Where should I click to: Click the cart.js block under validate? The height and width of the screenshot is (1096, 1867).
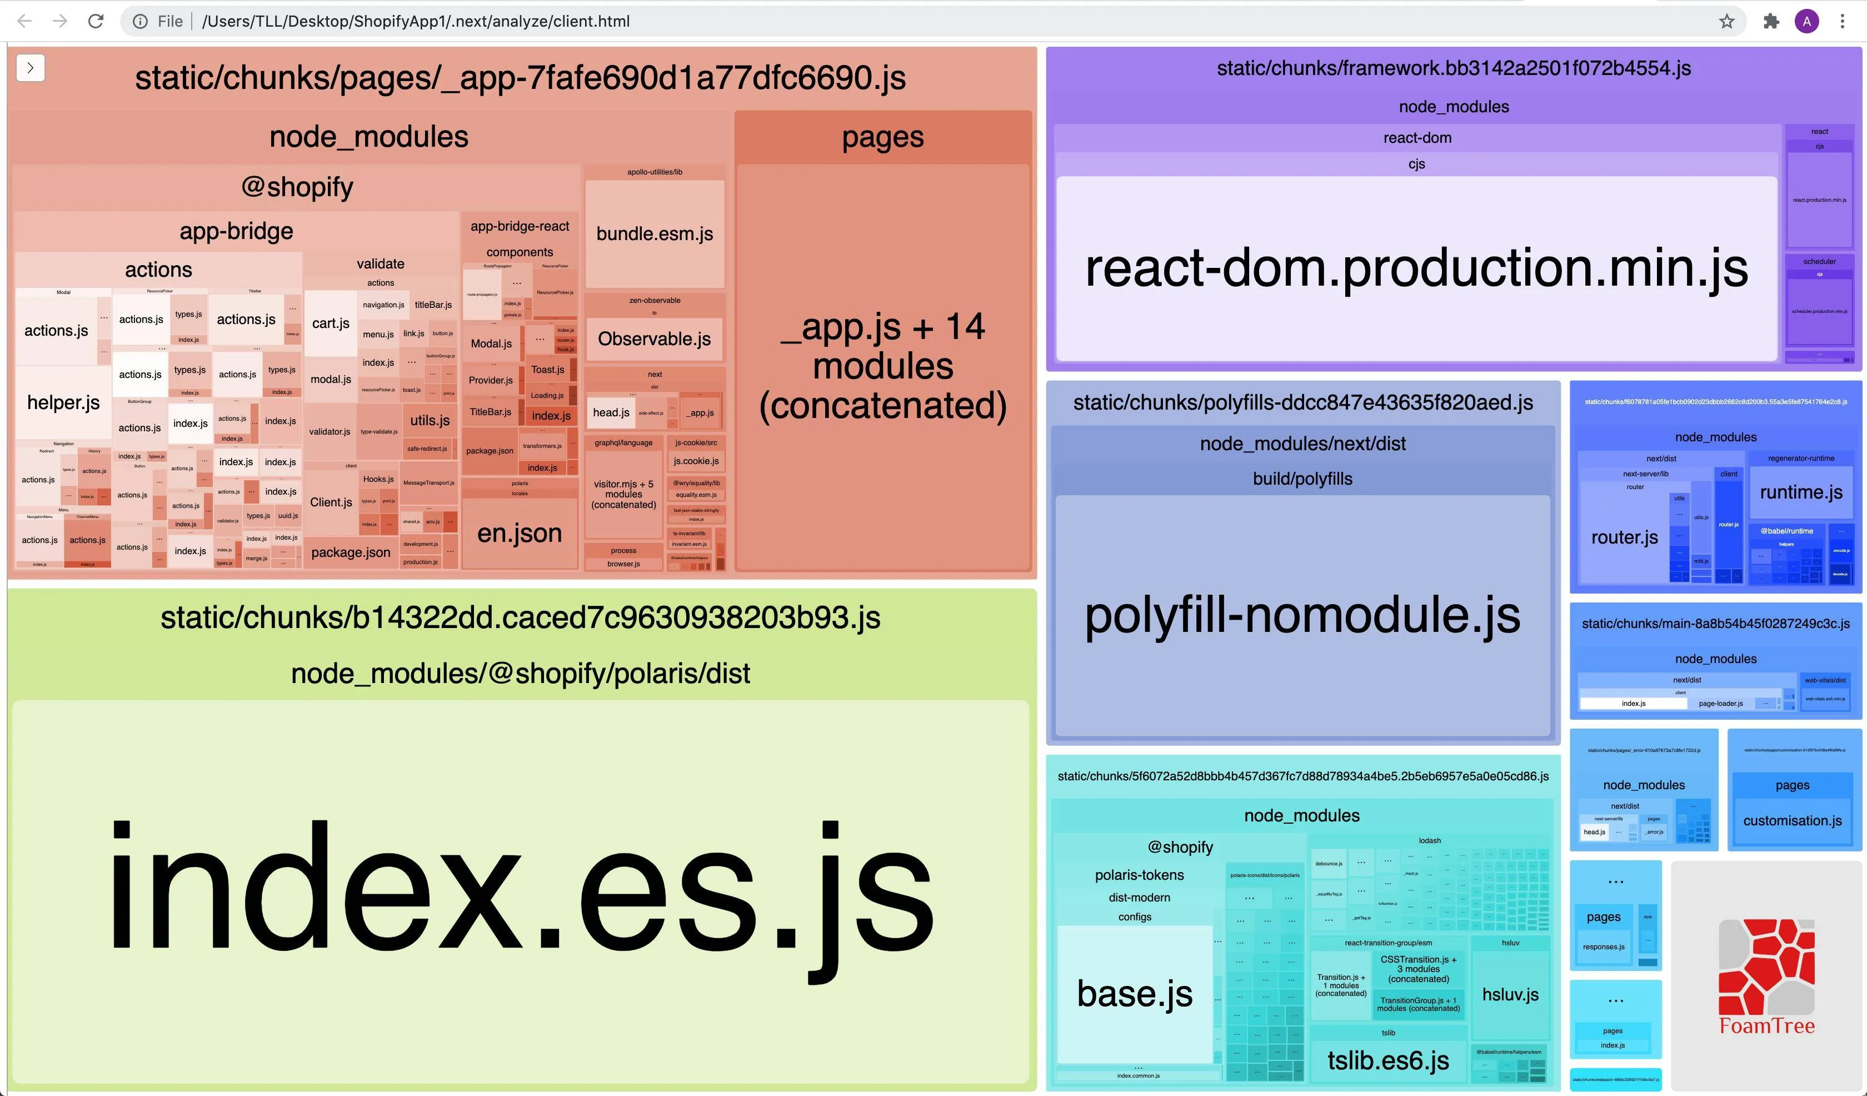tap(331, 323)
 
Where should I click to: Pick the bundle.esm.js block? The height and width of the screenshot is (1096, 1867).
tap(654, 233)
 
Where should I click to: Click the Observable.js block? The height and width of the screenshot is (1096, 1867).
tap(653, 338)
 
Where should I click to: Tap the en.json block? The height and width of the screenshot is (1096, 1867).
tap(520, 533)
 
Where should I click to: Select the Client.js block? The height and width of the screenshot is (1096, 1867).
tap(331, 502)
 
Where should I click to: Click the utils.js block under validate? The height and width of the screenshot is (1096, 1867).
tap(430, 420)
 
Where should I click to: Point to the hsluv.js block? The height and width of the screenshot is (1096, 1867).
tap(1510, 994)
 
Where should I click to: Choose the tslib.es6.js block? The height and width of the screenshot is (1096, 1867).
tap(1387, 1060)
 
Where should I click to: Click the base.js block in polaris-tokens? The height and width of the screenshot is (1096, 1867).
tap(1134, 994)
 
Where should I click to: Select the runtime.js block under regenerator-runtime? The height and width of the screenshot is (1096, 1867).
tap(1800, 492)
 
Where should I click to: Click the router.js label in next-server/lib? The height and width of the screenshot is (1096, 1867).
tap(1624, 537)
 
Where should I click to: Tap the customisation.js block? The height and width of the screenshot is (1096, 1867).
tap(1791, 820)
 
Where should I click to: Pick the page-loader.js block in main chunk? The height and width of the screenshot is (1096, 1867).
tap(1720, 703)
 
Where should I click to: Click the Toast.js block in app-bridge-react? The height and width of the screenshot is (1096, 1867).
tap(547, 370)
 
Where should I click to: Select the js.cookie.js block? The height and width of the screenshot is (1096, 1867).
tap(696, 461)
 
